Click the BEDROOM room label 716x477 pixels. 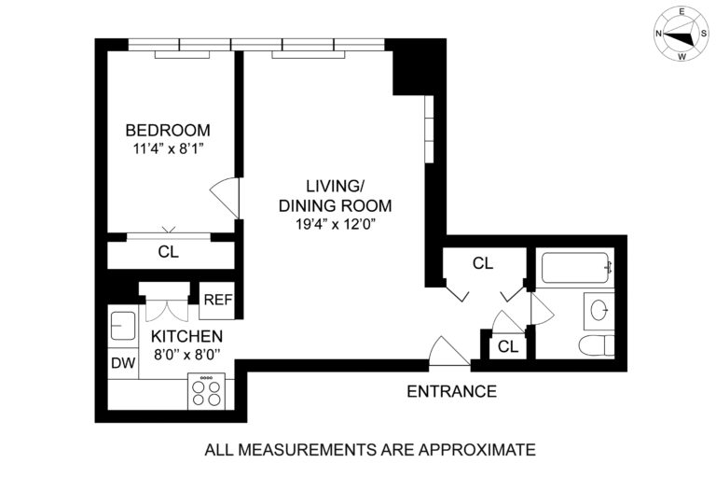point(168,130)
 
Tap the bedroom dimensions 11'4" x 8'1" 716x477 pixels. point(168,147)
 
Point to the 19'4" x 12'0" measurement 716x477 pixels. point(336,223)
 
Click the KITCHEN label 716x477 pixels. point(181,336)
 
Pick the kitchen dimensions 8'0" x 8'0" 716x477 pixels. point(181,353)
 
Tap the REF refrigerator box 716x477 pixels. point(217,301)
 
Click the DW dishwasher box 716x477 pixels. point(122,362)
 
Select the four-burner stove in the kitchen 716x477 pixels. point(206,390)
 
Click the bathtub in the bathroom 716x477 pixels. point(576,267)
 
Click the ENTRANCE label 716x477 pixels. point(451,391)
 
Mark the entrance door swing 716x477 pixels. point(447,352)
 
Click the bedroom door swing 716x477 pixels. point(226,195)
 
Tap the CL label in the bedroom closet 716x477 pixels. point(168,252)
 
